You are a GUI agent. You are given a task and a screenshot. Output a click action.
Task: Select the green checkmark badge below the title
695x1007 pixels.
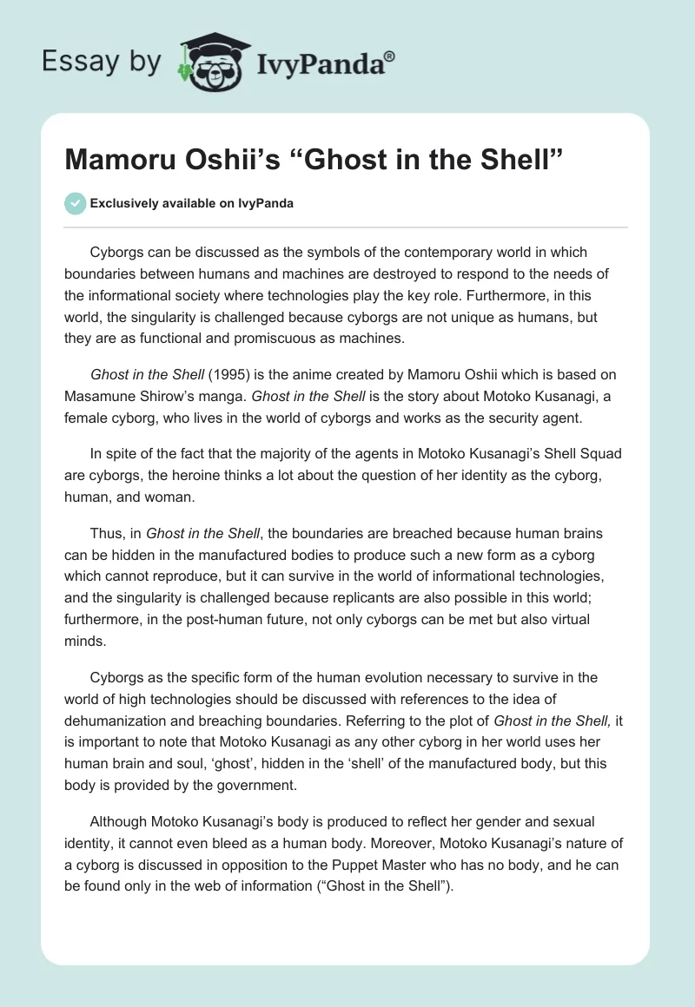point(75,203)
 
